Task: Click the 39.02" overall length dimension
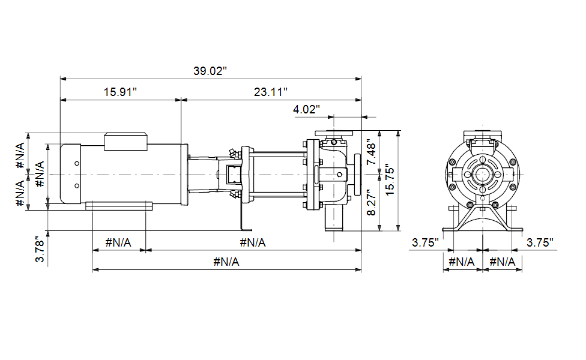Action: [x=210, y=71]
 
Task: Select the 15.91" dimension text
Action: [x=120, y=92]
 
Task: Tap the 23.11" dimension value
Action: [x=271, y=92]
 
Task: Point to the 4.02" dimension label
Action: [x=306, y=109]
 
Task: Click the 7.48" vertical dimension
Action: [x=371, y=152]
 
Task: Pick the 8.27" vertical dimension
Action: [x=371, y=202]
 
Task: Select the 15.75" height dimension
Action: [x=390, y=180]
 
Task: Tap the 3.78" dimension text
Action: [x=40, y=250]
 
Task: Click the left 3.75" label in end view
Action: [x=425, y=243]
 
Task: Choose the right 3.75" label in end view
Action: [x=540, y=243]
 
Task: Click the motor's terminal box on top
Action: [x=125, y=142]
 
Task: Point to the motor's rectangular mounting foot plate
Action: [x=119, y=206]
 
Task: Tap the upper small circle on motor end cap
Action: [x=77, y=163]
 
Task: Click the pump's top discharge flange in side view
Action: [x=334, y=133]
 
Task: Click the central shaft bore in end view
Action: [x=483, y=175]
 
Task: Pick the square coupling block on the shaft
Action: [x=233, y=175]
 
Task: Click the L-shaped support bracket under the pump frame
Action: [x=245, y=217]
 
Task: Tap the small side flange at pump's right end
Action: [x=357, y=175]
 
